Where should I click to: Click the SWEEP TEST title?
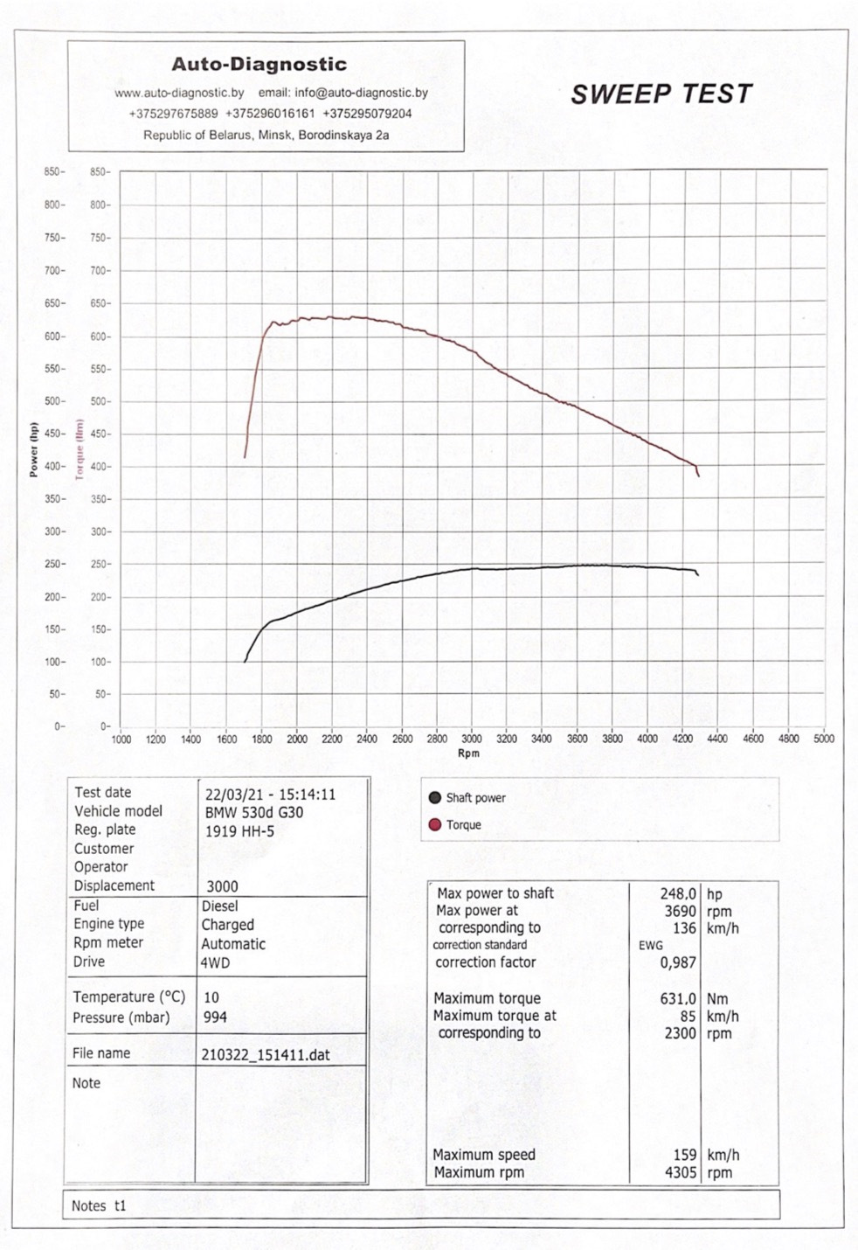tap(661, 94)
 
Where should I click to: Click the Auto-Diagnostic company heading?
tap(259, 64)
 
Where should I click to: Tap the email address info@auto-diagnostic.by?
tap(362, 93)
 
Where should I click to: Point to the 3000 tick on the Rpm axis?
tap(472, 740)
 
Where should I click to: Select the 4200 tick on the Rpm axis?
tap(682, 740)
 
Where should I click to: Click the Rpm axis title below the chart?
tap(468, 753)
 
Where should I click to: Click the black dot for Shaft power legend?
tap(435, 798)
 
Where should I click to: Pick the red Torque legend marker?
tap(435, 824)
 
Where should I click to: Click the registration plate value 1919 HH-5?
tap(239, 831)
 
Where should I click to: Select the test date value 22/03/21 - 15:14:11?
tap(270, 794)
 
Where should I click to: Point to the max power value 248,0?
tap(678, 894)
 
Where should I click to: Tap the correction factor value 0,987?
tap(678, 962)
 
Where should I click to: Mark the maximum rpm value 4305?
tap(680, 1173)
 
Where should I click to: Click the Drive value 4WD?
tap(215, 963)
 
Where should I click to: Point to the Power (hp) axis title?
tap(34, 449)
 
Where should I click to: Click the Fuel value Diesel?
tap(220, 906)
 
